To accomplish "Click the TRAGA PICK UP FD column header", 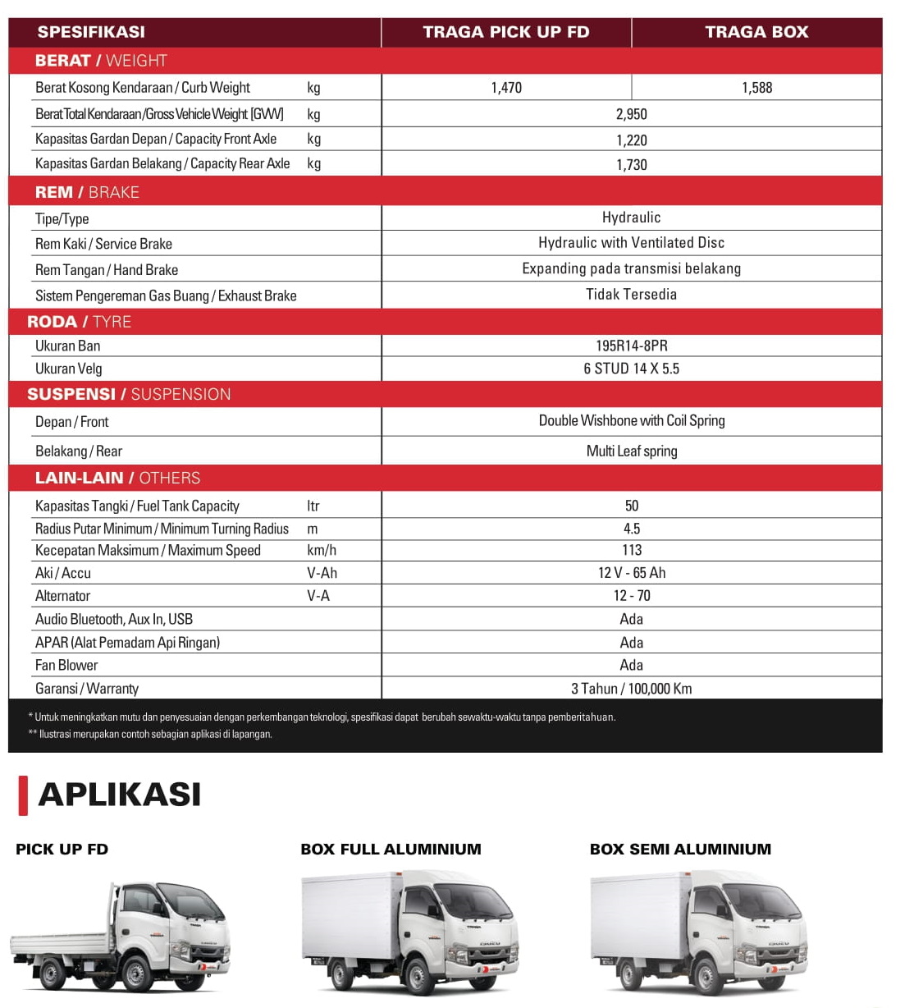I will pyautogui.click(x=506, y=32).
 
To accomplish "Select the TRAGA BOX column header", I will pyautogui.click(x=756, y=32).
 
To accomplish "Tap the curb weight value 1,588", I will pyautogui.click(x=756, y=88).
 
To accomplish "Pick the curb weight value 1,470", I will pyautogui.click(x=506, y=88).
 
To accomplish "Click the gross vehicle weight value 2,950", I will pyautogui.click(x=632, y=114).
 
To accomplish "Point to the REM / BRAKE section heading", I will pyautogui.click(x=87, y=192).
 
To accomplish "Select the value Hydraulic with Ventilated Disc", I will pyautogui.click(x=632, y=243).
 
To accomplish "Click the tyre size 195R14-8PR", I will pyautogui.click(x=632, y=346).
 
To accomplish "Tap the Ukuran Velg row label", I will pyautogui.click(x=69, y=369).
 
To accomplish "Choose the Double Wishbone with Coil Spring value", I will pyautogui.click(x=632, y=421).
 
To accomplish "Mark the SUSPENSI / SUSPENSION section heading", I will pyautogui.click(x=129, y=394).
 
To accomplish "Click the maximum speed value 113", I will pyautogui.click(x=632, y=551).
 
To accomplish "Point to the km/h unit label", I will pyautogui.click(x=322, y=551).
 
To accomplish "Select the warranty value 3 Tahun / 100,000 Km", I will pyautogui.click(x=632, y=689).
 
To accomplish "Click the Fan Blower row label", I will pyautogui.click(x=66, y=666).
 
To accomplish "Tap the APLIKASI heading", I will pyautogui.click(x=120, y=795).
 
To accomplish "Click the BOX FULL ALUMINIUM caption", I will pyautogui.click(x=391, y=850).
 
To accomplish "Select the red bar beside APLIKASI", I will pyautogui.click(x=23, y=795).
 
